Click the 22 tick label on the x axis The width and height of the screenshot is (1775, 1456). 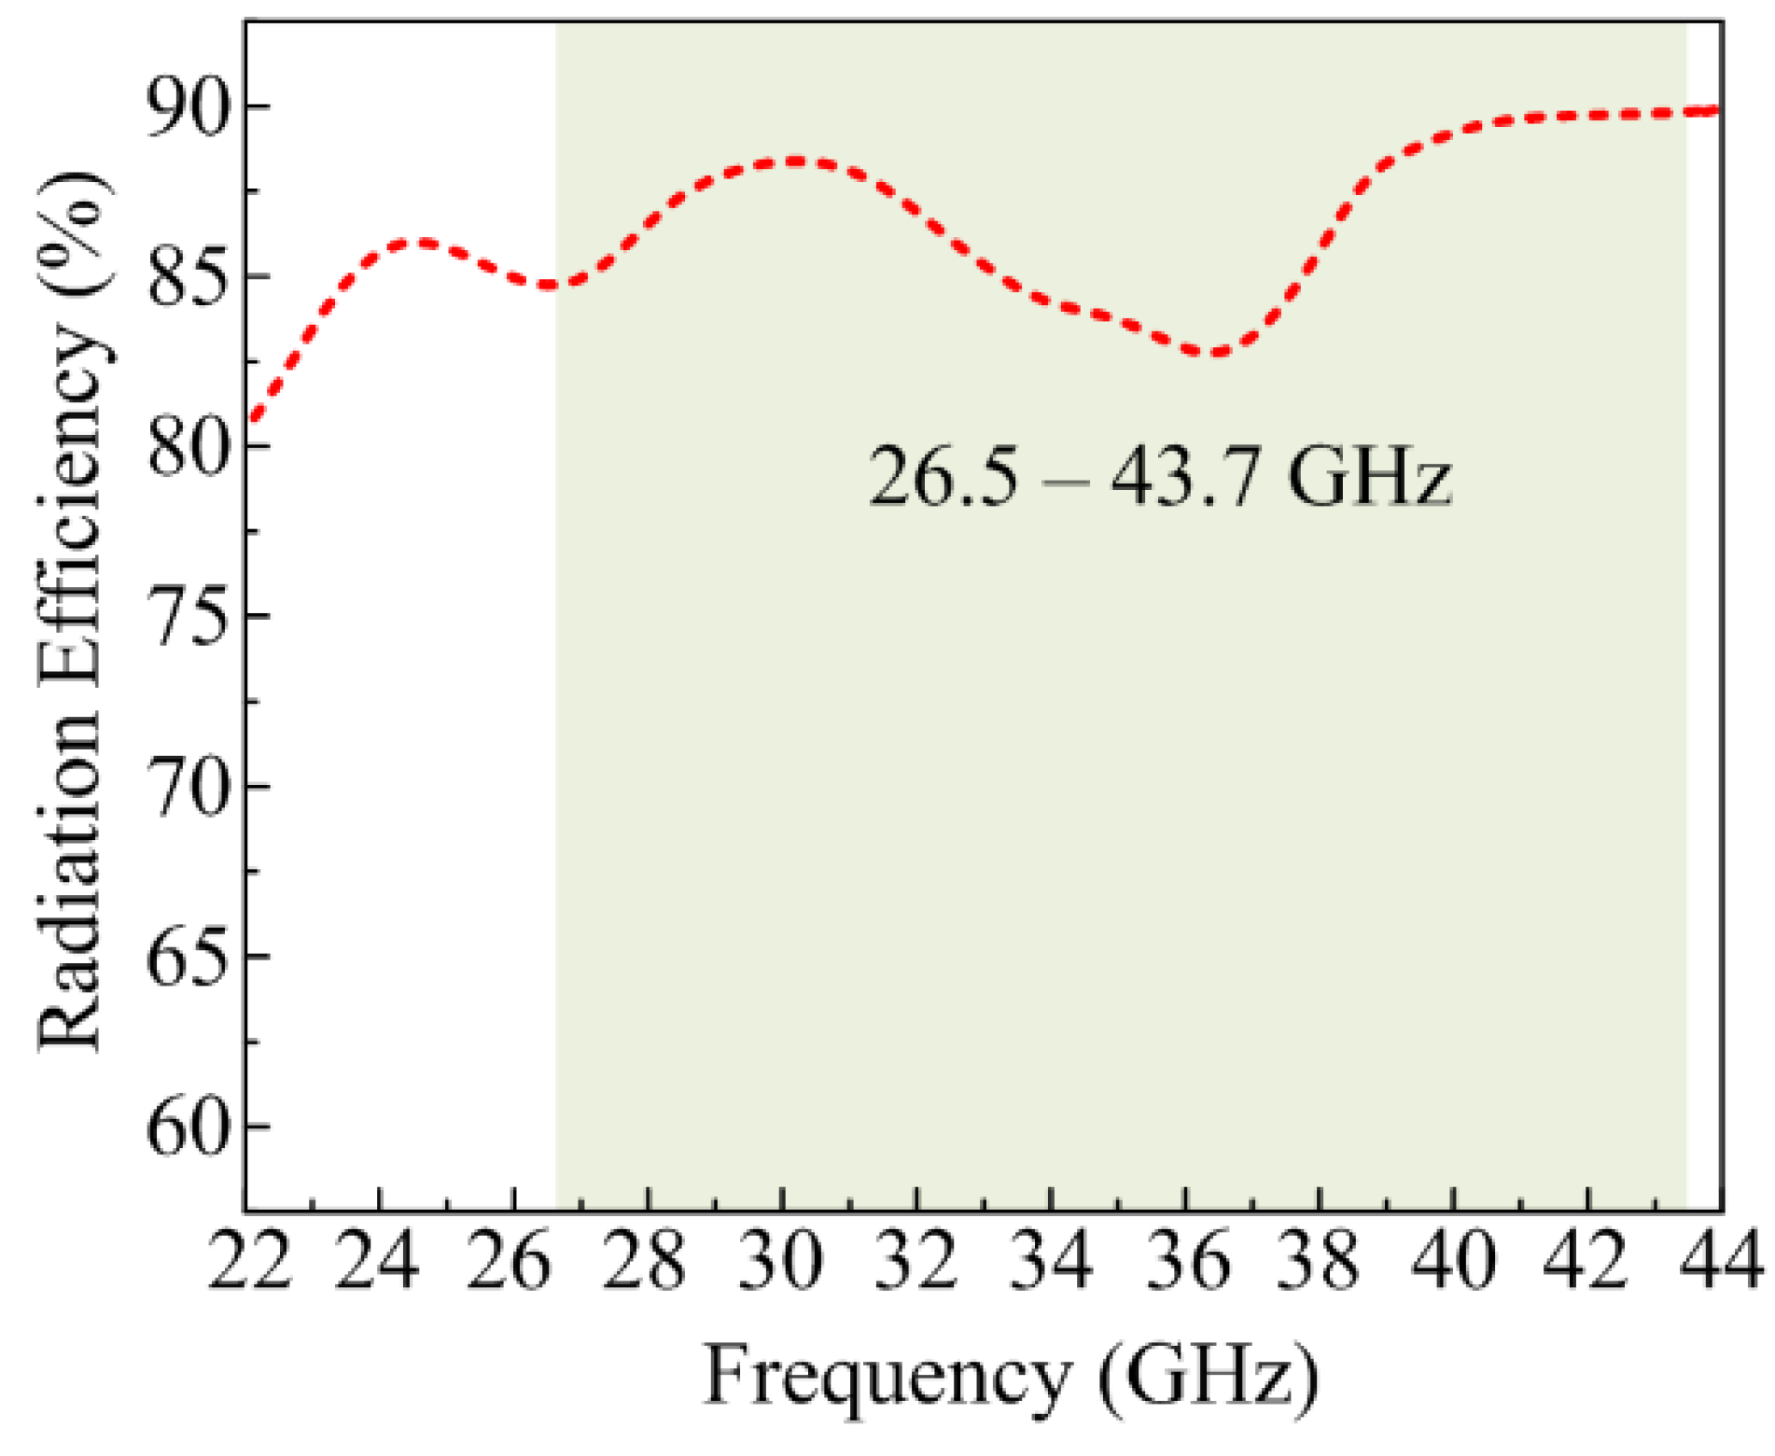pos(248,1262)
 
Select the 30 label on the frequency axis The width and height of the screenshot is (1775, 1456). pos(782,1262)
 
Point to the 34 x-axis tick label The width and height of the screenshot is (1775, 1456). pos(1051,1262)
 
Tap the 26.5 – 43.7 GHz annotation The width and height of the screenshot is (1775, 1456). pos(1160,477)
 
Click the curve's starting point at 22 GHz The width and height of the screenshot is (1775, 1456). pos(250,422)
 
